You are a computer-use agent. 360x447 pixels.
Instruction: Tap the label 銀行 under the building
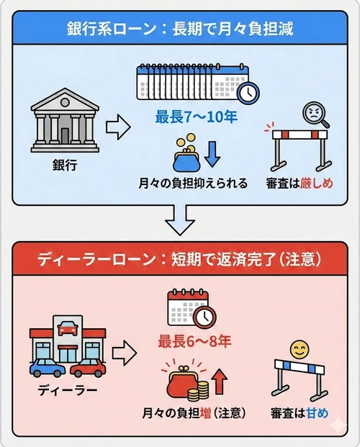(65, 165)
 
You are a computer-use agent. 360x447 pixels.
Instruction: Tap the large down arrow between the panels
(180, 219)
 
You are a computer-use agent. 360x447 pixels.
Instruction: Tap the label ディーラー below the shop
(66, 392)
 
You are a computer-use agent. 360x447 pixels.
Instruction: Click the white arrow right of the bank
(117, 130)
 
